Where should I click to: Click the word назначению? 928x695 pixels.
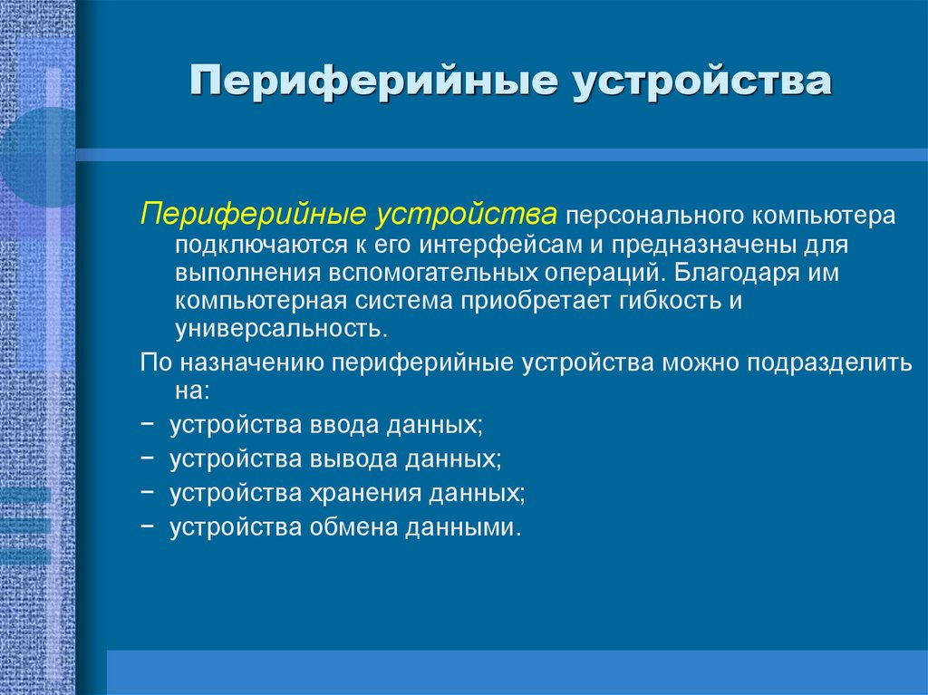[254, 362]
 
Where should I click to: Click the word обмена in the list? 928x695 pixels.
[354, 526]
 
